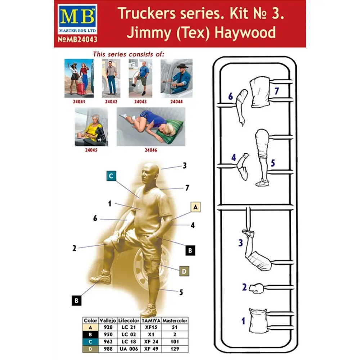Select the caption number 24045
[x=91, y=150]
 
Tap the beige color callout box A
[x=195, y=207]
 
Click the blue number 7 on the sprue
[x=276, y=91]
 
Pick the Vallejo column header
[x=108, y=320]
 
